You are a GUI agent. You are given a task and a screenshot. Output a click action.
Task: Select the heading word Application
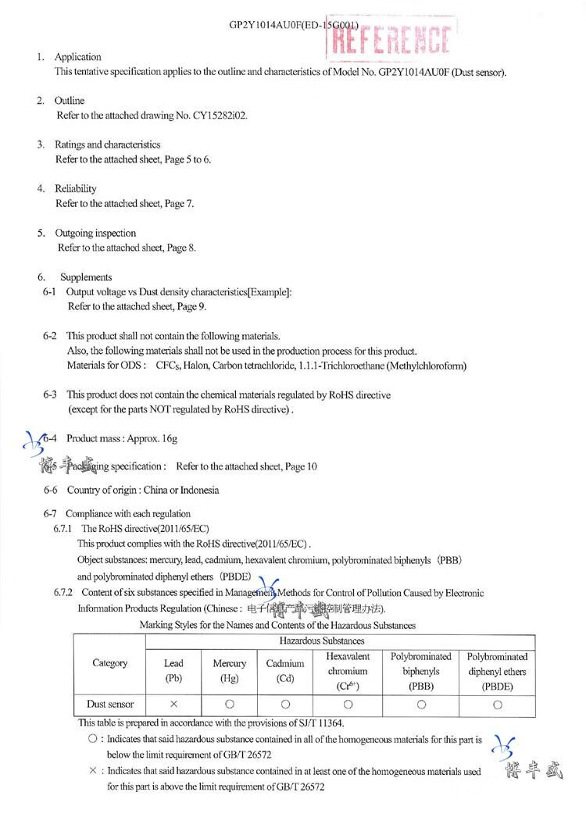click(x=77, y=57)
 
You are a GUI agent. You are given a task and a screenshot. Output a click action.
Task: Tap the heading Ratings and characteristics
click(x=107, y=145)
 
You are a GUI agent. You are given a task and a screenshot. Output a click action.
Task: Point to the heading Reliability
click(x=75, y=189)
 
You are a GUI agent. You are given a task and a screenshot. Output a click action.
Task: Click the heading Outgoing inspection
click(x=95, y=233)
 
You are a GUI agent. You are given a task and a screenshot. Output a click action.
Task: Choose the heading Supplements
click(x=86, y=277)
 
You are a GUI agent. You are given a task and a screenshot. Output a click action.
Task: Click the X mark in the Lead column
click(x=173, y=704)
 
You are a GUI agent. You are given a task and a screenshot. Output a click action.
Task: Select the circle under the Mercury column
click(x=230, y=704)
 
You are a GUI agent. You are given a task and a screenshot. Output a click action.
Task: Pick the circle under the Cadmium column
click(x=285, y=704)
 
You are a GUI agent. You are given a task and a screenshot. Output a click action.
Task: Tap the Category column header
click(x=109, y=663)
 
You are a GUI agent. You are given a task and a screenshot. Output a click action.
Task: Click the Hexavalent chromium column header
click(x=348, y=671)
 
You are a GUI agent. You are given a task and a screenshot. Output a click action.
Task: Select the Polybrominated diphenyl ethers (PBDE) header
click(x=498, y=671)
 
